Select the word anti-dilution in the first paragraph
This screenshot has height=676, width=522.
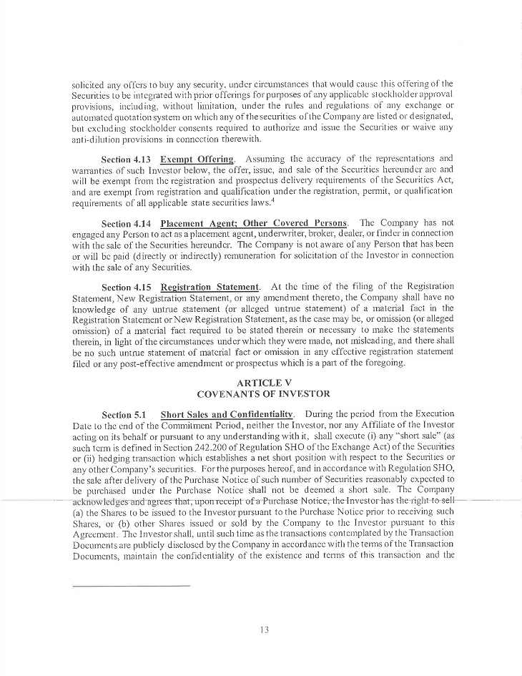pyautogui.click(x=99, y=140)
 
